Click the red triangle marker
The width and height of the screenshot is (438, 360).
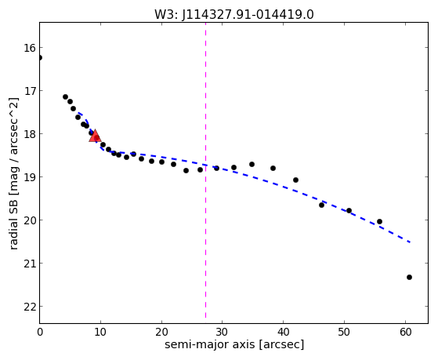95,136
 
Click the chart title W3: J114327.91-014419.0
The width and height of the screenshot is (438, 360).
234,14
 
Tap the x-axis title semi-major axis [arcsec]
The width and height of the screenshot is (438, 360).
234,344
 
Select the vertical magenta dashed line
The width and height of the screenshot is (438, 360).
205,170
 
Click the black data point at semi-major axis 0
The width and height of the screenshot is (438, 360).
40,57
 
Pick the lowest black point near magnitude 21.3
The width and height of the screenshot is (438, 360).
409,277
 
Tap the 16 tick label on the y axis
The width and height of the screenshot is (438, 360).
30,48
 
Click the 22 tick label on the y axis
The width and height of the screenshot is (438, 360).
30,307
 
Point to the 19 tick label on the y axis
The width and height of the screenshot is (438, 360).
30,177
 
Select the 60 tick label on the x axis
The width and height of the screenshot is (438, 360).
405,332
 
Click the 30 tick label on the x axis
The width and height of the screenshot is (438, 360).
223,332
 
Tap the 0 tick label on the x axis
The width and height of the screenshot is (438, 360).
40,332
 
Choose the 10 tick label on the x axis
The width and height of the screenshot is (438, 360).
100,332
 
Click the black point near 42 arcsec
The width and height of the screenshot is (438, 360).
295,180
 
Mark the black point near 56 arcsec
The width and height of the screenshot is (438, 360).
379,221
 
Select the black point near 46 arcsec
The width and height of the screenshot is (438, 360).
321,205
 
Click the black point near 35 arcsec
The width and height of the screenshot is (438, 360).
252,164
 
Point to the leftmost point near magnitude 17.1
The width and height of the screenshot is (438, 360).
65,96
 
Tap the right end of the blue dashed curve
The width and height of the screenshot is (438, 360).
410,242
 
